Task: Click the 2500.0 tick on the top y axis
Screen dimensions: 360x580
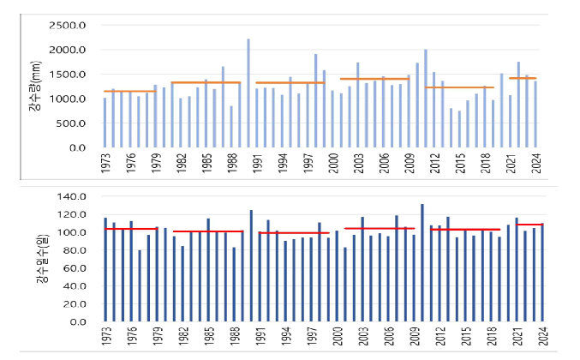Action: pyautogui.click(x=68, y=26)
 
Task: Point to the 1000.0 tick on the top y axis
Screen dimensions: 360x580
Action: pyautogui.click(x=68, y=99)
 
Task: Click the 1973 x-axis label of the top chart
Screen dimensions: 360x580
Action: pyautogui.click(x=105, y=165)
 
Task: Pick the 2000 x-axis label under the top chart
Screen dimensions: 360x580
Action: pyautogui.click(x=335, y=165)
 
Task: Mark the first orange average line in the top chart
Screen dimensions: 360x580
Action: pyautogui.click(x=129, y=91)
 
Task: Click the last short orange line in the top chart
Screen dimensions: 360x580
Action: pyautogui.click(x=523, y=78)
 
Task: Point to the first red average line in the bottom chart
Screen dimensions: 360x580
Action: pyautogui.click(x=130, y=229)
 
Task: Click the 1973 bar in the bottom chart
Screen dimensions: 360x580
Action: pyautogui.click(x=105, y=270)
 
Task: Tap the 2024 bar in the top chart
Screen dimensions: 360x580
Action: pyautogui.click(x=535, y=114)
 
